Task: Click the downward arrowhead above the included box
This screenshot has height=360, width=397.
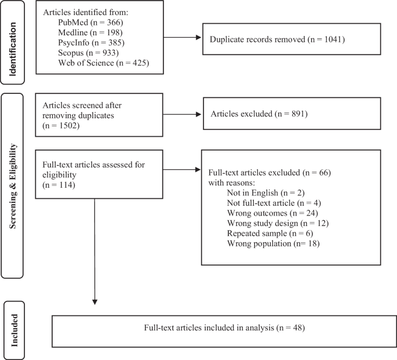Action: (94, 301)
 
